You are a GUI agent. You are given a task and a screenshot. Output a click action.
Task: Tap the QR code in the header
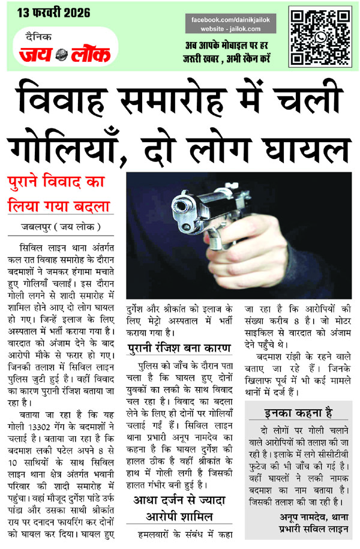click(x=320, y=36)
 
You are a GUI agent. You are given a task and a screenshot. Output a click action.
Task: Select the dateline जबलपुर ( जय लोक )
click(x=57, y=227)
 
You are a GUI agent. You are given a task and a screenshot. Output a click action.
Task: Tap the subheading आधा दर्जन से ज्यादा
click(x=178, y=499)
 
